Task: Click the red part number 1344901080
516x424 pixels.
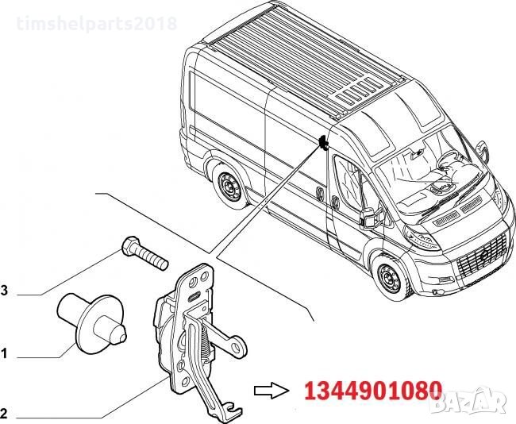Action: click(x=373, y=391)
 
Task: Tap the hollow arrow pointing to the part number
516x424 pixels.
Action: click(x=271, y=391)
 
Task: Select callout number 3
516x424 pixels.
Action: click(x=4, y=291)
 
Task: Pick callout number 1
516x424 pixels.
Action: click(x=4, y=354)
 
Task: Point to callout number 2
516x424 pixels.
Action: click(x=4, y=414)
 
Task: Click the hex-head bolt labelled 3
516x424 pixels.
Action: click(x=144, y=252)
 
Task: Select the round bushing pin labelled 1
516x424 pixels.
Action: click(x=92, y=323)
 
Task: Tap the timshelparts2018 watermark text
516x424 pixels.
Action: click(x=96, y=24)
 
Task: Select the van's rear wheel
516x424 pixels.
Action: click(x=229, y=187)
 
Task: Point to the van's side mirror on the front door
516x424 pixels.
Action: click(x=368, y=218)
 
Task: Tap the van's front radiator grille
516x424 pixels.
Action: click(x=482, y=254)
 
